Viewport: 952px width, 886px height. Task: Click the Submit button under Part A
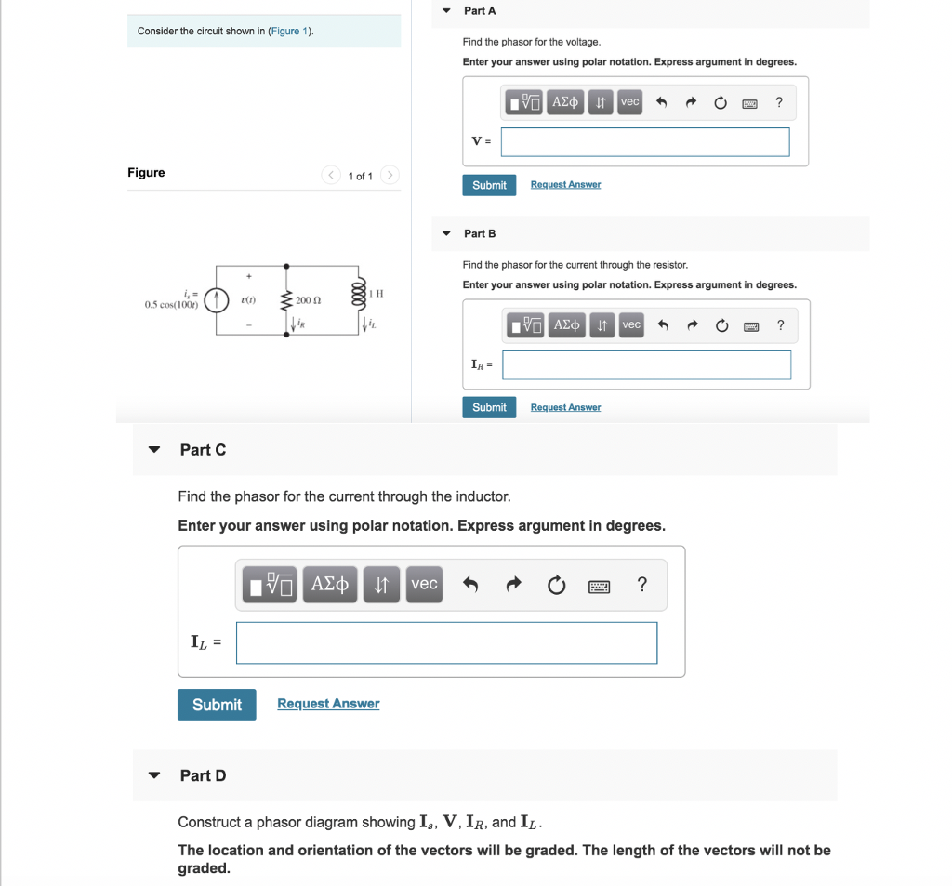click(489, 185)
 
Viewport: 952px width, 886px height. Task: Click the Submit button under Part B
click(489, 407)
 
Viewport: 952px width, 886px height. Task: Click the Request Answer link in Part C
click(328, 704)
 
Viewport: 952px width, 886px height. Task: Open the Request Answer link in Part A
click(565, 185)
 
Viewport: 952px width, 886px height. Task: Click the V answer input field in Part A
click(644, 142)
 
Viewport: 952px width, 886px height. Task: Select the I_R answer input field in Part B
click(646, 365)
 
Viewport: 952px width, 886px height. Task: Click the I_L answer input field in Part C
click(446, 642)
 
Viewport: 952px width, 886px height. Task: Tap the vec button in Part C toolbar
click(424, 585)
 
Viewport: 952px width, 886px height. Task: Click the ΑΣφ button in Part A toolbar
click(565, 102)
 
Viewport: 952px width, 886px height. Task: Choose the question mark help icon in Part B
click(780, 324)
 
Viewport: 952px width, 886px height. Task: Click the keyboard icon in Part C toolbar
click(599, 586)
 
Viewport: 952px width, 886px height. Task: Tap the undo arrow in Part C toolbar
click(470, 586)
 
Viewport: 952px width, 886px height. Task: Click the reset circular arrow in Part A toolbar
click(720, 103)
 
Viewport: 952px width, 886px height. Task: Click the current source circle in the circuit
click(217, 299)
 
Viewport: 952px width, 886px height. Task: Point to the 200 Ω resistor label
click(309, 300)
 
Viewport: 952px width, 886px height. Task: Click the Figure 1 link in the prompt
click(289, 32)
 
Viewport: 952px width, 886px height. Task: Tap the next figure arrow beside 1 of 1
click(390, 175)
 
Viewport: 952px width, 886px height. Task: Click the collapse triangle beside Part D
click(155, 775)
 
